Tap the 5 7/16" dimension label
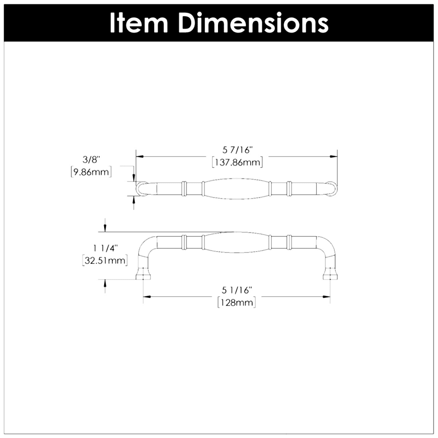237,149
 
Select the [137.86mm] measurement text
237,162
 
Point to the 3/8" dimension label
91,159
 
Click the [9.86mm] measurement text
91,171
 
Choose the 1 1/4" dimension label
105,248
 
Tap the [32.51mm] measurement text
105,261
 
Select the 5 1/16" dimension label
237,290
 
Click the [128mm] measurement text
237,303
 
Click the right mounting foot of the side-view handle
330,275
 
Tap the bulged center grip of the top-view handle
237,188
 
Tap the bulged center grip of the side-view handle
237,242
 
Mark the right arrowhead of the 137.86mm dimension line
334,156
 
